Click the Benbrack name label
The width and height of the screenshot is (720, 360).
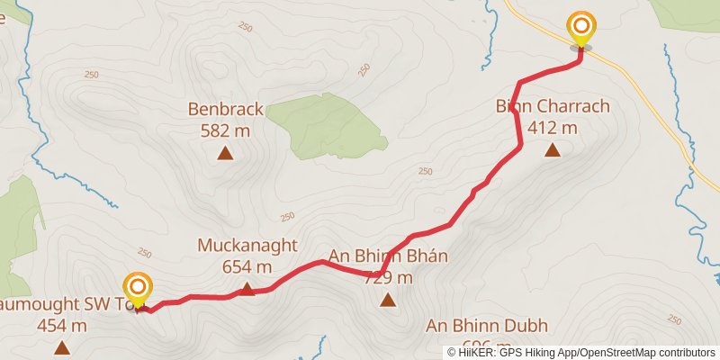click(x=225, y=110)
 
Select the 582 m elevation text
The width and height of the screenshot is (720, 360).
click(x=225, y=130)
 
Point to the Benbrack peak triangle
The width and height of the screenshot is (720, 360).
click(x=225, y=153)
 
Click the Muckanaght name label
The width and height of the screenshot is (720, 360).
click(x=247, y=246)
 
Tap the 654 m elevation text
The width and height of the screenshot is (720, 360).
click(x=247, y=266)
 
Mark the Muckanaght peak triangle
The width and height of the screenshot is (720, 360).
click(x=247, y=289)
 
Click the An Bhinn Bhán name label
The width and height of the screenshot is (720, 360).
click(x=388, y=256)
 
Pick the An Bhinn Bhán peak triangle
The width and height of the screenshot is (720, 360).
click(x=388, y=301)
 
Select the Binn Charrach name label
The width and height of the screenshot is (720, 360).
click(x=553, y=106)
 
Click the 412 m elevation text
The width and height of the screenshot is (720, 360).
click(x=553, y=128)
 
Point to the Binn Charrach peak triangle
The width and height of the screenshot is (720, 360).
click(x=553, y=150)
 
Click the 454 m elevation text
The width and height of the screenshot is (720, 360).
click(x=61, y=326)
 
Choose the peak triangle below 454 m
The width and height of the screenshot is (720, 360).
click(x=61, y=347)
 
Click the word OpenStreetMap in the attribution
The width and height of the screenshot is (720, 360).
click(x=616, y=353)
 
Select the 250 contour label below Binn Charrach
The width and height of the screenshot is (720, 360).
click(x=426, y=172)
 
